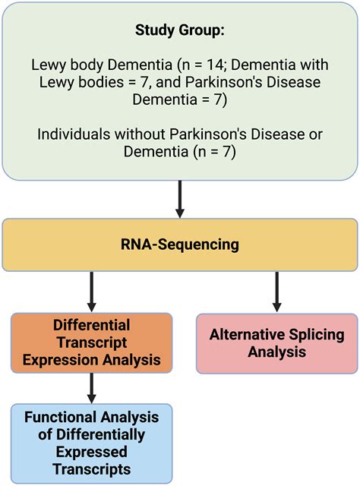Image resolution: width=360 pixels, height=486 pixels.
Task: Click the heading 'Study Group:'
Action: pyautogui.click(x=180, y=31)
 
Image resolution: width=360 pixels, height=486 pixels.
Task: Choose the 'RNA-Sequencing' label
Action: pyautogui.click(x=180, y=245)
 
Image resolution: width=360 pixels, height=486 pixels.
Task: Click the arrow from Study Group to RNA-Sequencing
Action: pyautogui.click(x=180, y=199)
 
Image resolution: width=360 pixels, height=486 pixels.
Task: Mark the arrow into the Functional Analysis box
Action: pyautogui.click(x=92, y=387)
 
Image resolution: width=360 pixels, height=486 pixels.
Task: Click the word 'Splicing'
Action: pyautogui.click(x=317, y=334)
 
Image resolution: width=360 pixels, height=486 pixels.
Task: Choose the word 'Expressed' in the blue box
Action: pyautogui.click(x=92, y=452)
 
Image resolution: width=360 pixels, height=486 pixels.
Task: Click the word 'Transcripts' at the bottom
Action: pyautogui.click(x=92, y=469)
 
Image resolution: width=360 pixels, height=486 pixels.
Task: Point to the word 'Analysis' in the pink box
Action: pyautogui.click(x=276, y=352)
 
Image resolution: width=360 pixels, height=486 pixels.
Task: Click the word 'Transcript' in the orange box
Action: pyautogui.click(x=92, y=341)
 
